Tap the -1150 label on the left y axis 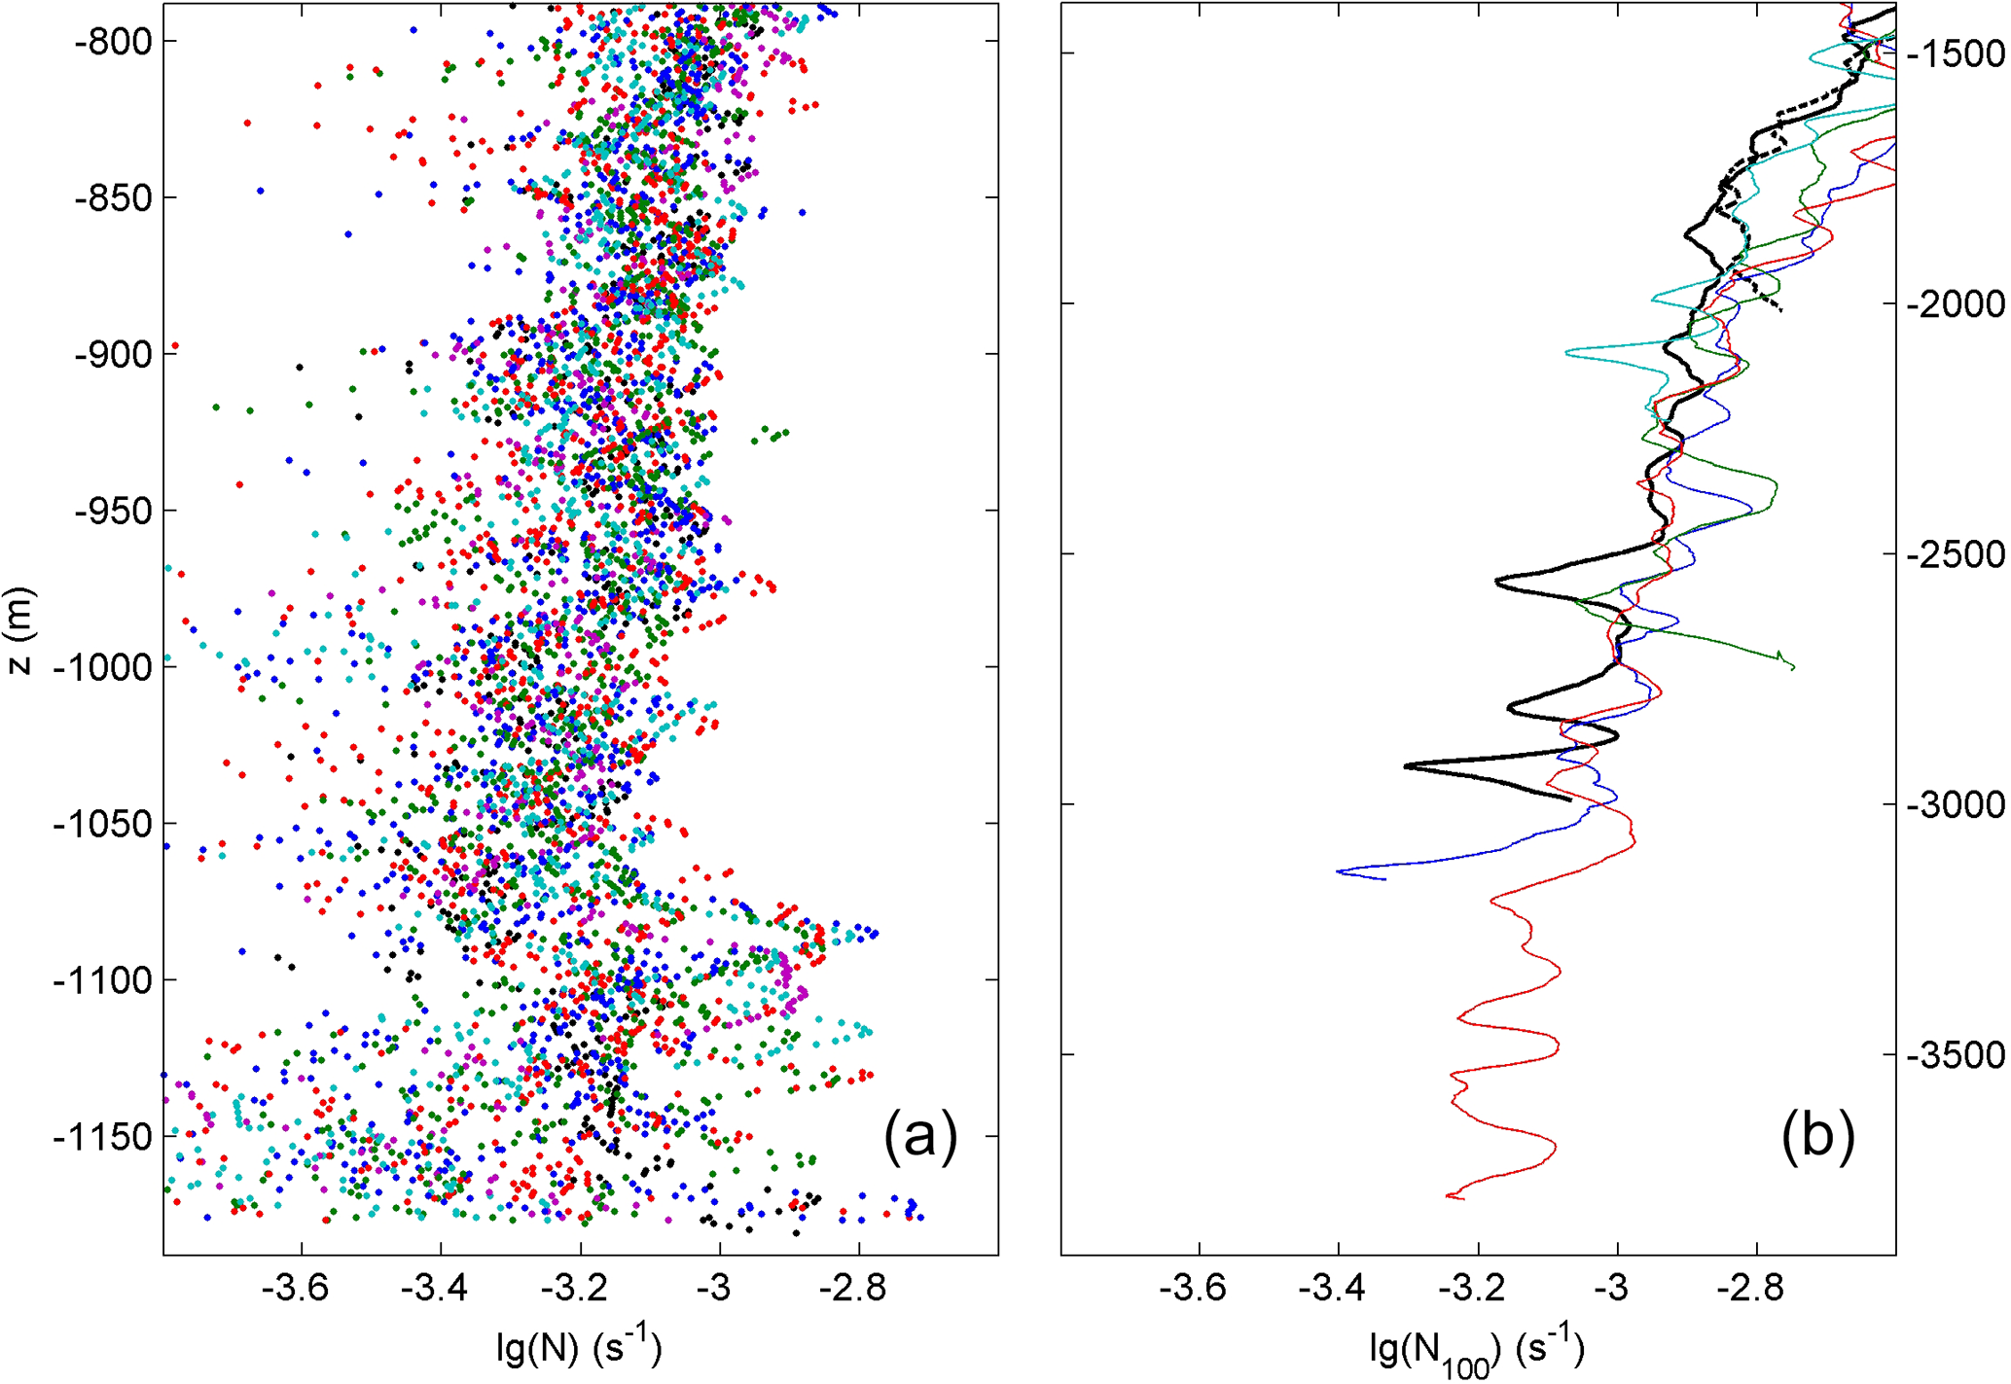[102, 1136]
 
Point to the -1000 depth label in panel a [102, 667]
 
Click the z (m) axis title [19, 630]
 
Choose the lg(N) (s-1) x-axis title [580, 1346]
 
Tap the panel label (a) [920, 1134]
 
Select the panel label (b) [1817, 1134]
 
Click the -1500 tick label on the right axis [1956, 53]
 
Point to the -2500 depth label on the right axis [1956, 554]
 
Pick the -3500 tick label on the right [1956, 1054]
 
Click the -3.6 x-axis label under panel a [296, 1289]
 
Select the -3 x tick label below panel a [714, 1289]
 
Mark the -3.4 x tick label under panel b [1332, 1289]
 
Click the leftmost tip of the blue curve [1339, 871]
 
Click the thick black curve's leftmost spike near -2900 [1406, 766]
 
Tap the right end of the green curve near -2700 [1792, 667]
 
